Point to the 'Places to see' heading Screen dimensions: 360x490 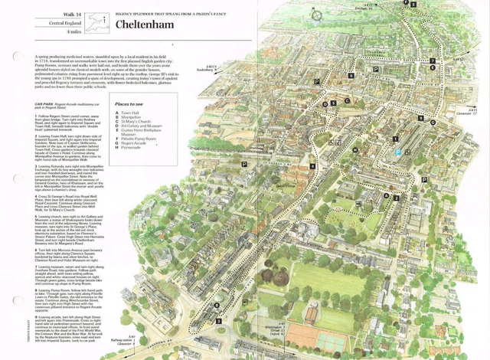(x=129, y=103)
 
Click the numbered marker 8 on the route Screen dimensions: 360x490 (x=414, y=5)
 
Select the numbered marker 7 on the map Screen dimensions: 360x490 (x=432, y=61)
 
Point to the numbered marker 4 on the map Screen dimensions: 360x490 (x=312, y=166)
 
